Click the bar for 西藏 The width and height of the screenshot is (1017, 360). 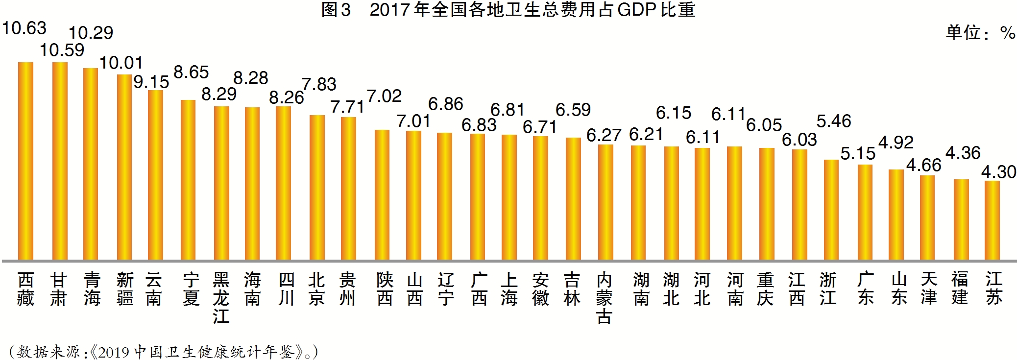(25, 161)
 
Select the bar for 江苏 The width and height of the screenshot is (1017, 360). (992, 220)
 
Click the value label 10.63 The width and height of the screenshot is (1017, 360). (24, 28)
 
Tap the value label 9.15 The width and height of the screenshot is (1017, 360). (151, 82)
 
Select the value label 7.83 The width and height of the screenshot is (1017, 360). (319, 84)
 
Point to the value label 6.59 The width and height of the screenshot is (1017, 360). (573, 110)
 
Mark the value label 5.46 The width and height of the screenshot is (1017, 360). (834, 121)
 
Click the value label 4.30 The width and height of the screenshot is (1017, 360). (998, 172)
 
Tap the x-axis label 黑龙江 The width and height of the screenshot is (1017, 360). (221, 298)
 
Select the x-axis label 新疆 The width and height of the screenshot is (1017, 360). (125, 289)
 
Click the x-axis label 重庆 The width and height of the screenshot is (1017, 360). (765, 289)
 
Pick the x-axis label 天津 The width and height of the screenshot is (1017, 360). (929, 289)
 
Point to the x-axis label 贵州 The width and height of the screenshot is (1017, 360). (347, 289)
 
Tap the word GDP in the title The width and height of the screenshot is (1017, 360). (636, 10)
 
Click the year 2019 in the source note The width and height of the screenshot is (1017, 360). (113, 352)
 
